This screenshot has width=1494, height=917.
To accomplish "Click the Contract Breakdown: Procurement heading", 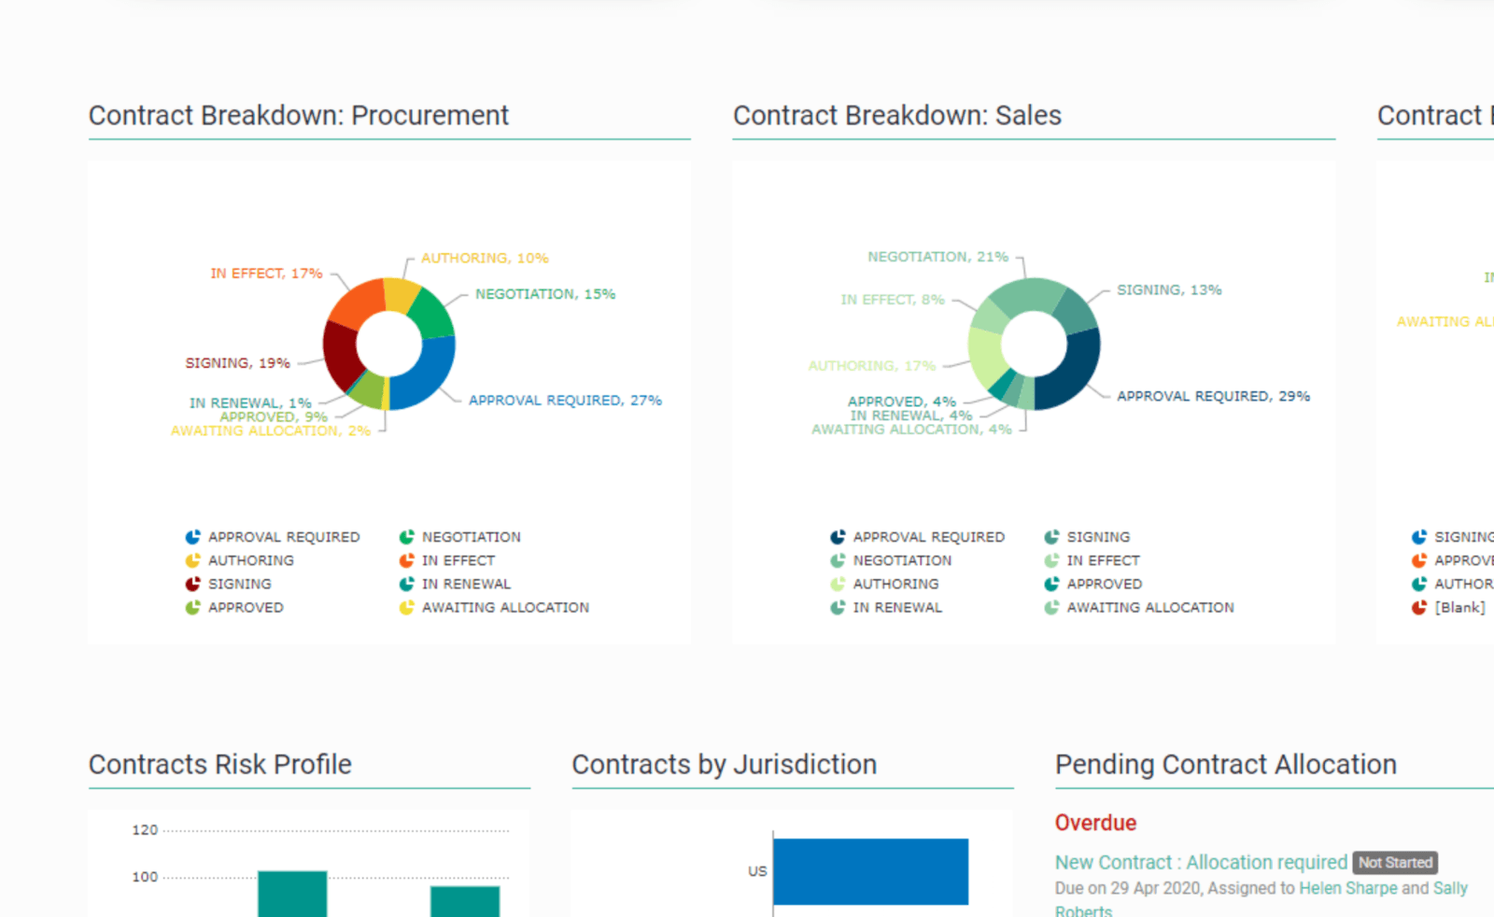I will pyautogui.click(x=299, y=116).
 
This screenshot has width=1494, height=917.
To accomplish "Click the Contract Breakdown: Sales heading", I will pyautogui.click(x=896, y=116).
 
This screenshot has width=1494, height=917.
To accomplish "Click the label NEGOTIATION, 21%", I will pyautogui.click(x=937, y=257).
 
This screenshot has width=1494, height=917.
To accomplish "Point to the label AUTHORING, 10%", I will pyautogui.click(x=485, y=259).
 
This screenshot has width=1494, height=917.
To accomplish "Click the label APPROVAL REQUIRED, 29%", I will pyautogui.click(x=1213, y=397).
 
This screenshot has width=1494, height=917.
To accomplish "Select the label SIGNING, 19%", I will pyautogui.click(x=237, y=363).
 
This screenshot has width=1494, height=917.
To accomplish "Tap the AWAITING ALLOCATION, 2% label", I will pyautogui.click(x=270, y=431).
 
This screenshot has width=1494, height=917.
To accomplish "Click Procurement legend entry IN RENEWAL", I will pyautogui.click(x=465, y=585).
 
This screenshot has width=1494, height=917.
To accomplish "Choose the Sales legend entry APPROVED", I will pyautogui.click(x=1104, y=585).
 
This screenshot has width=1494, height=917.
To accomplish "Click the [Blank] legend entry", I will pyautogui.click(x=1459, y=608).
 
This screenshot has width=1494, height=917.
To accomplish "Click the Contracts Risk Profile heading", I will pyautogui.click(x=220, y=765).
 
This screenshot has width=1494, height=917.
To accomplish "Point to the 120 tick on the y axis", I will pyautogui.click(x=145, y=830).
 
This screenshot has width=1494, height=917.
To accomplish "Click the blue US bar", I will pyautogui.click(x=870, y=871).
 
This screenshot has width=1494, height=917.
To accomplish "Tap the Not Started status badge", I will pyautogui.click(x=1395, y=863).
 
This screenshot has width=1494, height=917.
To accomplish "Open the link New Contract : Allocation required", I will pyautogui.click(x=1201, y=863).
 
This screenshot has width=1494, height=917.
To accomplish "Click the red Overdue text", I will pyautogui.click(x=1095, y=823).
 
